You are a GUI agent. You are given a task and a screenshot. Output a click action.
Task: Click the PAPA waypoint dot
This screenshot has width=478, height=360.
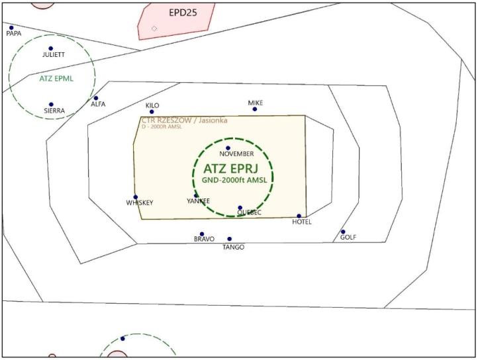click(x=11, y=28)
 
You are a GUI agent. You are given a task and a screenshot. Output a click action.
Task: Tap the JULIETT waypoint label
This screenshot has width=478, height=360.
click(x=53, y=55)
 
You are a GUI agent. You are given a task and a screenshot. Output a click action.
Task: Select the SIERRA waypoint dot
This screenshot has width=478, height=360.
click(x=51, y=105)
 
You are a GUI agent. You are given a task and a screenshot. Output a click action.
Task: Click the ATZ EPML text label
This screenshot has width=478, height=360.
click(x=56, y=78)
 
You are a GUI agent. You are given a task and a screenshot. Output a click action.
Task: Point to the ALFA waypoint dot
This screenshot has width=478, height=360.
click(x=96, y=98)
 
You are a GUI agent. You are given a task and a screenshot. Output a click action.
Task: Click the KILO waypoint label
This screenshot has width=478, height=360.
click(x=152, y=105)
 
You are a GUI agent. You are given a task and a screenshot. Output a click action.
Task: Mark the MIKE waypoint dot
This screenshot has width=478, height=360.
click(x=254, y=109)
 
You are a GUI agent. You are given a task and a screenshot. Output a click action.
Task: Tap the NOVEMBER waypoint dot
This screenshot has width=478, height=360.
click(x=228, y=148)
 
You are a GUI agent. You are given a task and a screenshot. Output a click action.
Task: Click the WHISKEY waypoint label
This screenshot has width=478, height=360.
click(x=139, y=203)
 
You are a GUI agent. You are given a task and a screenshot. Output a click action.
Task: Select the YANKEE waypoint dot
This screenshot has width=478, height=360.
click(x=196, y=196)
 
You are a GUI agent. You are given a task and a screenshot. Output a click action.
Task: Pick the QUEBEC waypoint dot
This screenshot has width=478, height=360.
click(x=240, y=208)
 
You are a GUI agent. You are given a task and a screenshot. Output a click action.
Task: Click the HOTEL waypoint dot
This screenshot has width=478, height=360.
click(x=299, y=216)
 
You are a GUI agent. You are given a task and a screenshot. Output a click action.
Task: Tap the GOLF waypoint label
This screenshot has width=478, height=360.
click(x=348, y=237)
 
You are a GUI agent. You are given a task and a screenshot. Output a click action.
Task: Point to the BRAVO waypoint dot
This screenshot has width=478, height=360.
click(x=202, y=234)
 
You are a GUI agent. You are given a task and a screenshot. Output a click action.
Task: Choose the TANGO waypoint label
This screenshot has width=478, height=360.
click(x=233, y=247)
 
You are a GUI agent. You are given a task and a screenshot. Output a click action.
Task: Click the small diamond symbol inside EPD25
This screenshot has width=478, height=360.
click(x=154, y=28)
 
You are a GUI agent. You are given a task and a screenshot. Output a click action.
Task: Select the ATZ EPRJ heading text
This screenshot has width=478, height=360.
click(x=233, y=168)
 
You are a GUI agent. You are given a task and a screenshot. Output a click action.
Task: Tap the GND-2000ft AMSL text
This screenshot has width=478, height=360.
click(x=232, y=180)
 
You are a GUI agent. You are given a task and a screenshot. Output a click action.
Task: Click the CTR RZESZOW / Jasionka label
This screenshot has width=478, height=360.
click(x=184, y=120)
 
